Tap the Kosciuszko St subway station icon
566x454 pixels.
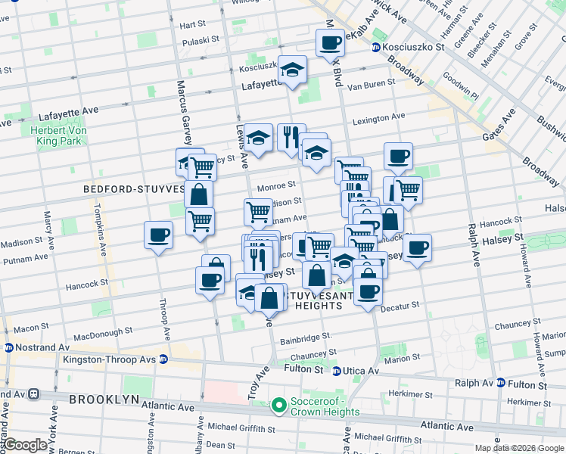(375, 48)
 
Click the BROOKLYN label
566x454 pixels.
(104, 399)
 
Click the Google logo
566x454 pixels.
(24, 445)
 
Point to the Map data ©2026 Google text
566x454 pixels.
(519, 448)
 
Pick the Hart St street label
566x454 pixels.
(192, 25)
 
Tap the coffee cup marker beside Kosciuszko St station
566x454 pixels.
(330, 43)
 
